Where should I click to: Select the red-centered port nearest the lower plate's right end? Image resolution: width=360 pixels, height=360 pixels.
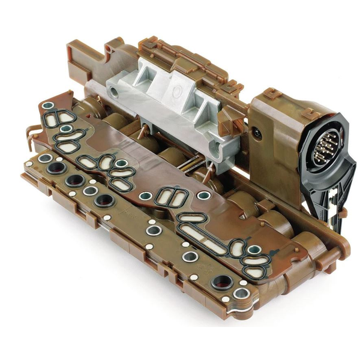tap(223, 281)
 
